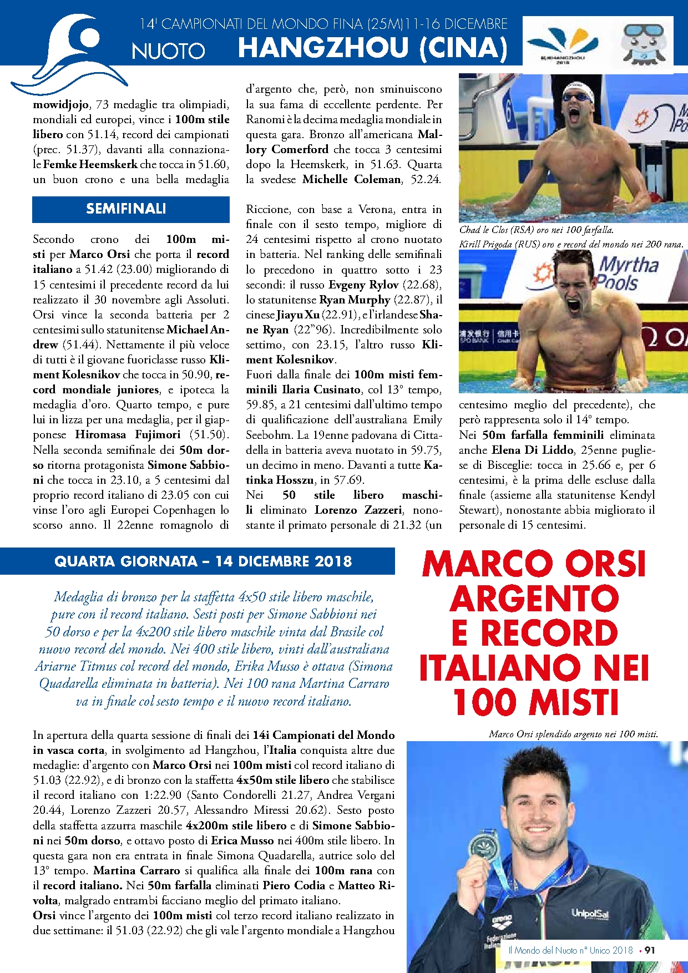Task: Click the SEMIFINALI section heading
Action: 126,209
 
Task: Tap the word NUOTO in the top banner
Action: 169,51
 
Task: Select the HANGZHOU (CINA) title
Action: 373,48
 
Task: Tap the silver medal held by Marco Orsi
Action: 480,847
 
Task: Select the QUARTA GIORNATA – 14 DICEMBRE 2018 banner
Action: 203,561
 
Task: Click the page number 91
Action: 650,950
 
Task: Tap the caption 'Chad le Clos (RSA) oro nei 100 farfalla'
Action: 536,230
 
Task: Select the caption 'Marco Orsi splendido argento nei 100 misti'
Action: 573,734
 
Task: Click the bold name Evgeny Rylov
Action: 363,285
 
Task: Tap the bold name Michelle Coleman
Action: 351,179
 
